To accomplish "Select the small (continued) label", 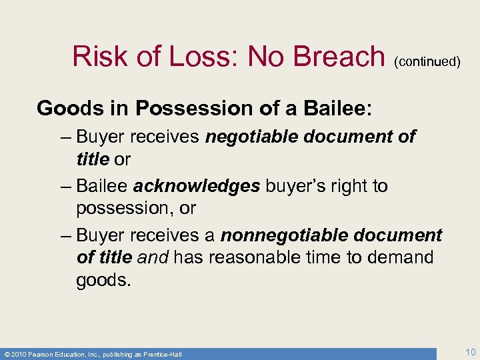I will point(427,62).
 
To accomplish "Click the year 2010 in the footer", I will point(19,354).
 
